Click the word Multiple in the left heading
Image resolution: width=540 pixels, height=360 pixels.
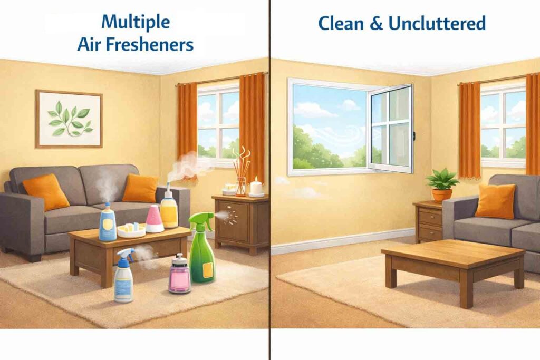(136, 23)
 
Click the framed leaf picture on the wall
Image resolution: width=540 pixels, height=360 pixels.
(69, 119)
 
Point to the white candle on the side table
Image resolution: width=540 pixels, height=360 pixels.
(256, 187)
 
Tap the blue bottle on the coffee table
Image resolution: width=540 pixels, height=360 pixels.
(108, 222)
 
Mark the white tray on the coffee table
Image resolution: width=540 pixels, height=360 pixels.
(131, 230)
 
